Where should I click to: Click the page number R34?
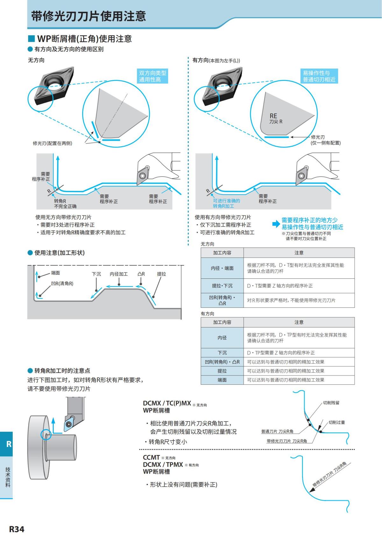[17, 529]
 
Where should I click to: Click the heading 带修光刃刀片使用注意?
[88, 16]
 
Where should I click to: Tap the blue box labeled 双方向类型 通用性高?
[152, 76]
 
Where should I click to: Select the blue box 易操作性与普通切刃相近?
[319, 76]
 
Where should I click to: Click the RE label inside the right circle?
[273, 116]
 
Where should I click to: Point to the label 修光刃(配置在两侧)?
[53, 143]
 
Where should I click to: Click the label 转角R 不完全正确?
[65, 204]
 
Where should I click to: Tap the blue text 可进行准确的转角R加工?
[226, 203]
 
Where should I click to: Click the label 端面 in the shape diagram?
[55, 273]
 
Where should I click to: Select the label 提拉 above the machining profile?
[161, 274]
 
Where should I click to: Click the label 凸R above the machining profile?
[141, 274]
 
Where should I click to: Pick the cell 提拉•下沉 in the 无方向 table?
[222, 286]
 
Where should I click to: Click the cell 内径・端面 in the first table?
[222, 268]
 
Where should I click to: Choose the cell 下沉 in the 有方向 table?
[222, 353]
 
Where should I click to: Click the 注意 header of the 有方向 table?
[299, 322]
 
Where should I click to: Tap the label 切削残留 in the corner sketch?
[331, 403]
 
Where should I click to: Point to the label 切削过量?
[336, 422]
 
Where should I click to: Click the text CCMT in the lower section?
[151, 457]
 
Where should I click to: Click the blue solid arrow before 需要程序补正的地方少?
[276, 224]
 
